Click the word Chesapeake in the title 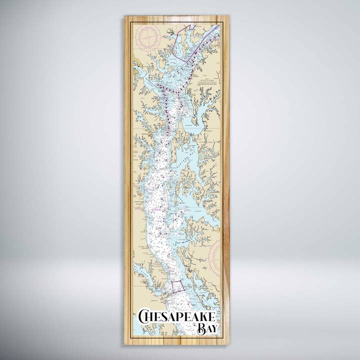[177, 316]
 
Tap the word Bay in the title [206, 328]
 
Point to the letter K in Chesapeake [205, 317]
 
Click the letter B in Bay [201, 328]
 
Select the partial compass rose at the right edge [214, 255]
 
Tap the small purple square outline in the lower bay [177, 286]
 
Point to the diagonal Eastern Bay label [182, 156]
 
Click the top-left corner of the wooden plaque [124, 16]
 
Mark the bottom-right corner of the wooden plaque [229, 344]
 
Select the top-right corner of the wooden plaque [229, 16]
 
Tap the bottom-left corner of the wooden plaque [124, 344]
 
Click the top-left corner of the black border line [131, 22]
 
